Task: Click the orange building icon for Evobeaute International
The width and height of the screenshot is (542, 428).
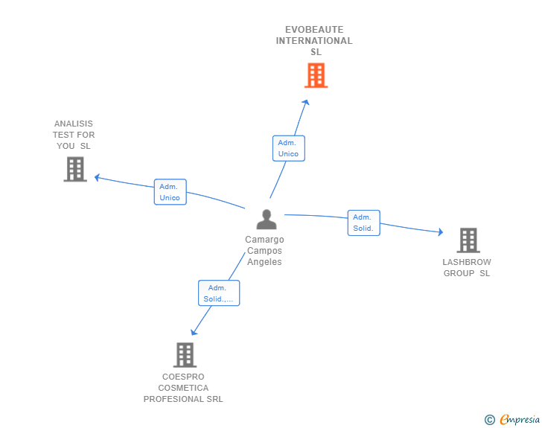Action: (x=316, y=75)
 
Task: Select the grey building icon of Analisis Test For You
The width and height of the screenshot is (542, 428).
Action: (x=75, y=169)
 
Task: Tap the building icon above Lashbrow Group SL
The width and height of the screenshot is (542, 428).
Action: (x=468, y=240)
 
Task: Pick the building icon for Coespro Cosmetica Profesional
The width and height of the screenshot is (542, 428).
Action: (x=185, y=355)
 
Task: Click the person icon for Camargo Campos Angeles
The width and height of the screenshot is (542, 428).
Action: (x=267, y=219)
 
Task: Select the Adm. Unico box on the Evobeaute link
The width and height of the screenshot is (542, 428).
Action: (x=289, y=148)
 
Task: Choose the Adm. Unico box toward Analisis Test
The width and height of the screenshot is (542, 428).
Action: (x=170, y=192)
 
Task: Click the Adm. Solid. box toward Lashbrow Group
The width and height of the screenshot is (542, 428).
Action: (x=363, y=223)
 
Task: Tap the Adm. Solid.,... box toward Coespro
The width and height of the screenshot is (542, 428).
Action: (x=219, y=293)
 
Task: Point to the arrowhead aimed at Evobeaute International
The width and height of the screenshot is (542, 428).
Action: (x=306, y=102)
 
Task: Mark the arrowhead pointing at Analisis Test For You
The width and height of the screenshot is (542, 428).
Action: (x=97, y=177)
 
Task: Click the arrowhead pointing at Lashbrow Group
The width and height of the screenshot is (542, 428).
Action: (x=441, y=231)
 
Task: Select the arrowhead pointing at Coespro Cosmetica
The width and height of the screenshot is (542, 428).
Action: (x=194, y=333)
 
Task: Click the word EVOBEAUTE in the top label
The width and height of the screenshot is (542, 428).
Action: (x=314, y=29)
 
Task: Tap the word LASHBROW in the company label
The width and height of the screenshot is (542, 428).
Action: (x=467, y=262)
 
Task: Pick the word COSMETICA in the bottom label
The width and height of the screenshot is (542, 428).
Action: (x=183, y=388)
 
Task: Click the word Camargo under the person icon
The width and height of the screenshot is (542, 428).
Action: (x=264, y=240)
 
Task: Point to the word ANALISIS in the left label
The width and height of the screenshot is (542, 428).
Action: (x=74, y=124)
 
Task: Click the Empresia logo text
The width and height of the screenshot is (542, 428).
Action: (x=520, y=420)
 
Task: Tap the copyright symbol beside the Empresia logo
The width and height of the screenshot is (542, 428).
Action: (x=490, y=420)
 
